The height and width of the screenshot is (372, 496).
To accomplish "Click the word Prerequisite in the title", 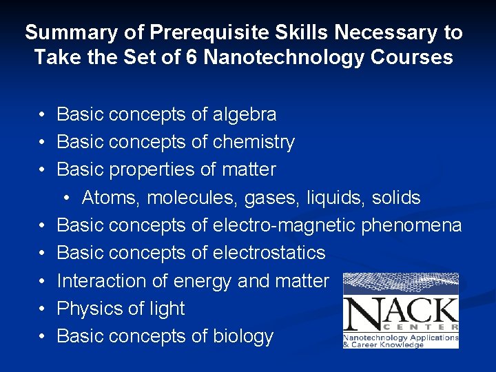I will [189, 32].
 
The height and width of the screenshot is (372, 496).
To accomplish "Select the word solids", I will [395, 198].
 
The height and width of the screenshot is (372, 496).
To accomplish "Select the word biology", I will [240, 336].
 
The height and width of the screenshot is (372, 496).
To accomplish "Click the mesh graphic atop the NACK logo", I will [400, 284].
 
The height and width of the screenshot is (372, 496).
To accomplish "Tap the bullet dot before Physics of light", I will [43, 309].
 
